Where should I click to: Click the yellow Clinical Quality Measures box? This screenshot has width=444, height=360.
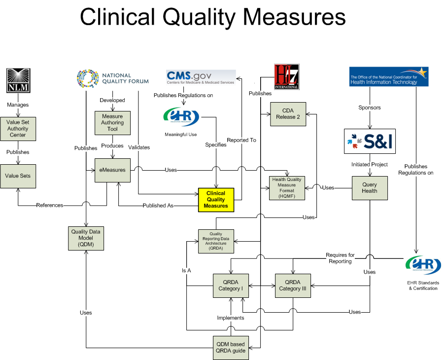click(x=216, y=200)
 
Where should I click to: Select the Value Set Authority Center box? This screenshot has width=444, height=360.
click(x=18, y=129)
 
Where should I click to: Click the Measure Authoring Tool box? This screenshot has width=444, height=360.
click(x=112, y=123)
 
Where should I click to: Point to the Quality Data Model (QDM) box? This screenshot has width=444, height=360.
click(x=86, y=238)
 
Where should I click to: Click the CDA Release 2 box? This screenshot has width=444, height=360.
click(x=288, y=114)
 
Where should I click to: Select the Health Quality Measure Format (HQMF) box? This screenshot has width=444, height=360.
click(x=288, y=188)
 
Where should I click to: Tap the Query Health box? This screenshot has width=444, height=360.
click(x=369, y=188)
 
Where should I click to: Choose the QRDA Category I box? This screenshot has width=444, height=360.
click(x=231, y=286)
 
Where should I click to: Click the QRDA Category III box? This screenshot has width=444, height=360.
click(x=293, y=286)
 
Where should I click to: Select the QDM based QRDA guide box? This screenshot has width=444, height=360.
click(x=231, y=348)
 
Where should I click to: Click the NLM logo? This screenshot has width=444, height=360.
click(x=18, y=80)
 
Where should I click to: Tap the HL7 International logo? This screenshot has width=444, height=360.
click(x=286, y=76)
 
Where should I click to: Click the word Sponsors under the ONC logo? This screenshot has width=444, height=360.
click(x=369, y=107)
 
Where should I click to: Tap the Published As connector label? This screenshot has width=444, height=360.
click(x=158, y=206)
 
